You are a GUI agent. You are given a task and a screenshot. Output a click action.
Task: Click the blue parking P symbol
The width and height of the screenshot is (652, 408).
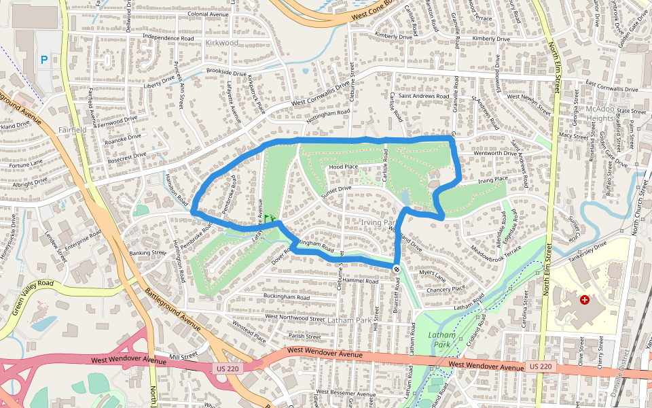tap(45, 60)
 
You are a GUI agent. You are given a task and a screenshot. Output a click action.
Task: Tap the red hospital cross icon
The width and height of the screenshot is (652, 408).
tap(584, 299)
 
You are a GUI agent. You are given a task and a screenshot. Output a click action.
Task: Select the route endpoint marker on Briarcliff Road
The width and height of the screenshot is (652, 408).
tap(397, 270)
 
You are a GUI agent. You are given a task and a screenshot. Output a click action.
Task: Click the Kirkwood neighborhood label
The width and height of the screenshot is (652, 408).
tap(221, 42)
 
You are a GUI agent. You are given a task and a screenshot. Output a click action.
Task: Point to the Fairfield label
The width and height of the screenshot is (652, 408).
tap(73, 129)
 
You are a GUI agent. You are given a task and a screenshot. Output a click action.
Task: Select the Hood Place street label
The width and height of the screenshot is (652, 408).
tap(343, 167)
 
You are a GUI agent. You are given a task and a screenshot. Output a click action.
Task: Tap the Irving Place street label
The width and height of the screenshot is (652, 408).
tap(493, 180)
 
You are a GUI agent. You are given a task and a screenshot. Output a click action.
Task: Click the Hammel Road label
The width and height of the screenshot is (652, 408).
tap(360, 280)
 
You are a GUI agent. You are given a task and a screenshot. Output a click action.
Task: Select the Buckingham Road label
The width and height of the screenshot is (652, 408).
tap(286, 297)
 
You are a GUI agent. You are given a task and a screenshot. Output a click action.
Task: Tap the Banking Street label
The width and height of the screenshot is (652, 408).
tap(149, 252)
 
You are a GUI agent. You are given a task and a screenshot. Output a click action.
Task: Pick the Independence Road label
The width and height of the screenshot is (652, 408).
tap(168, 38)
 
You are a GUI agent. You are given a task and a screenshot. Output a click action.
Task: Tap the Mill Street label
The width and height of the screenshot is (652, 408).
tap(183, 356)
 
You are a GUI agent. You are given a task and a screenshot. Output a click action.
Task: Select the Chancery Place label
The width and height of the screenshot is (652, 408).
tap(446, 288)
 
